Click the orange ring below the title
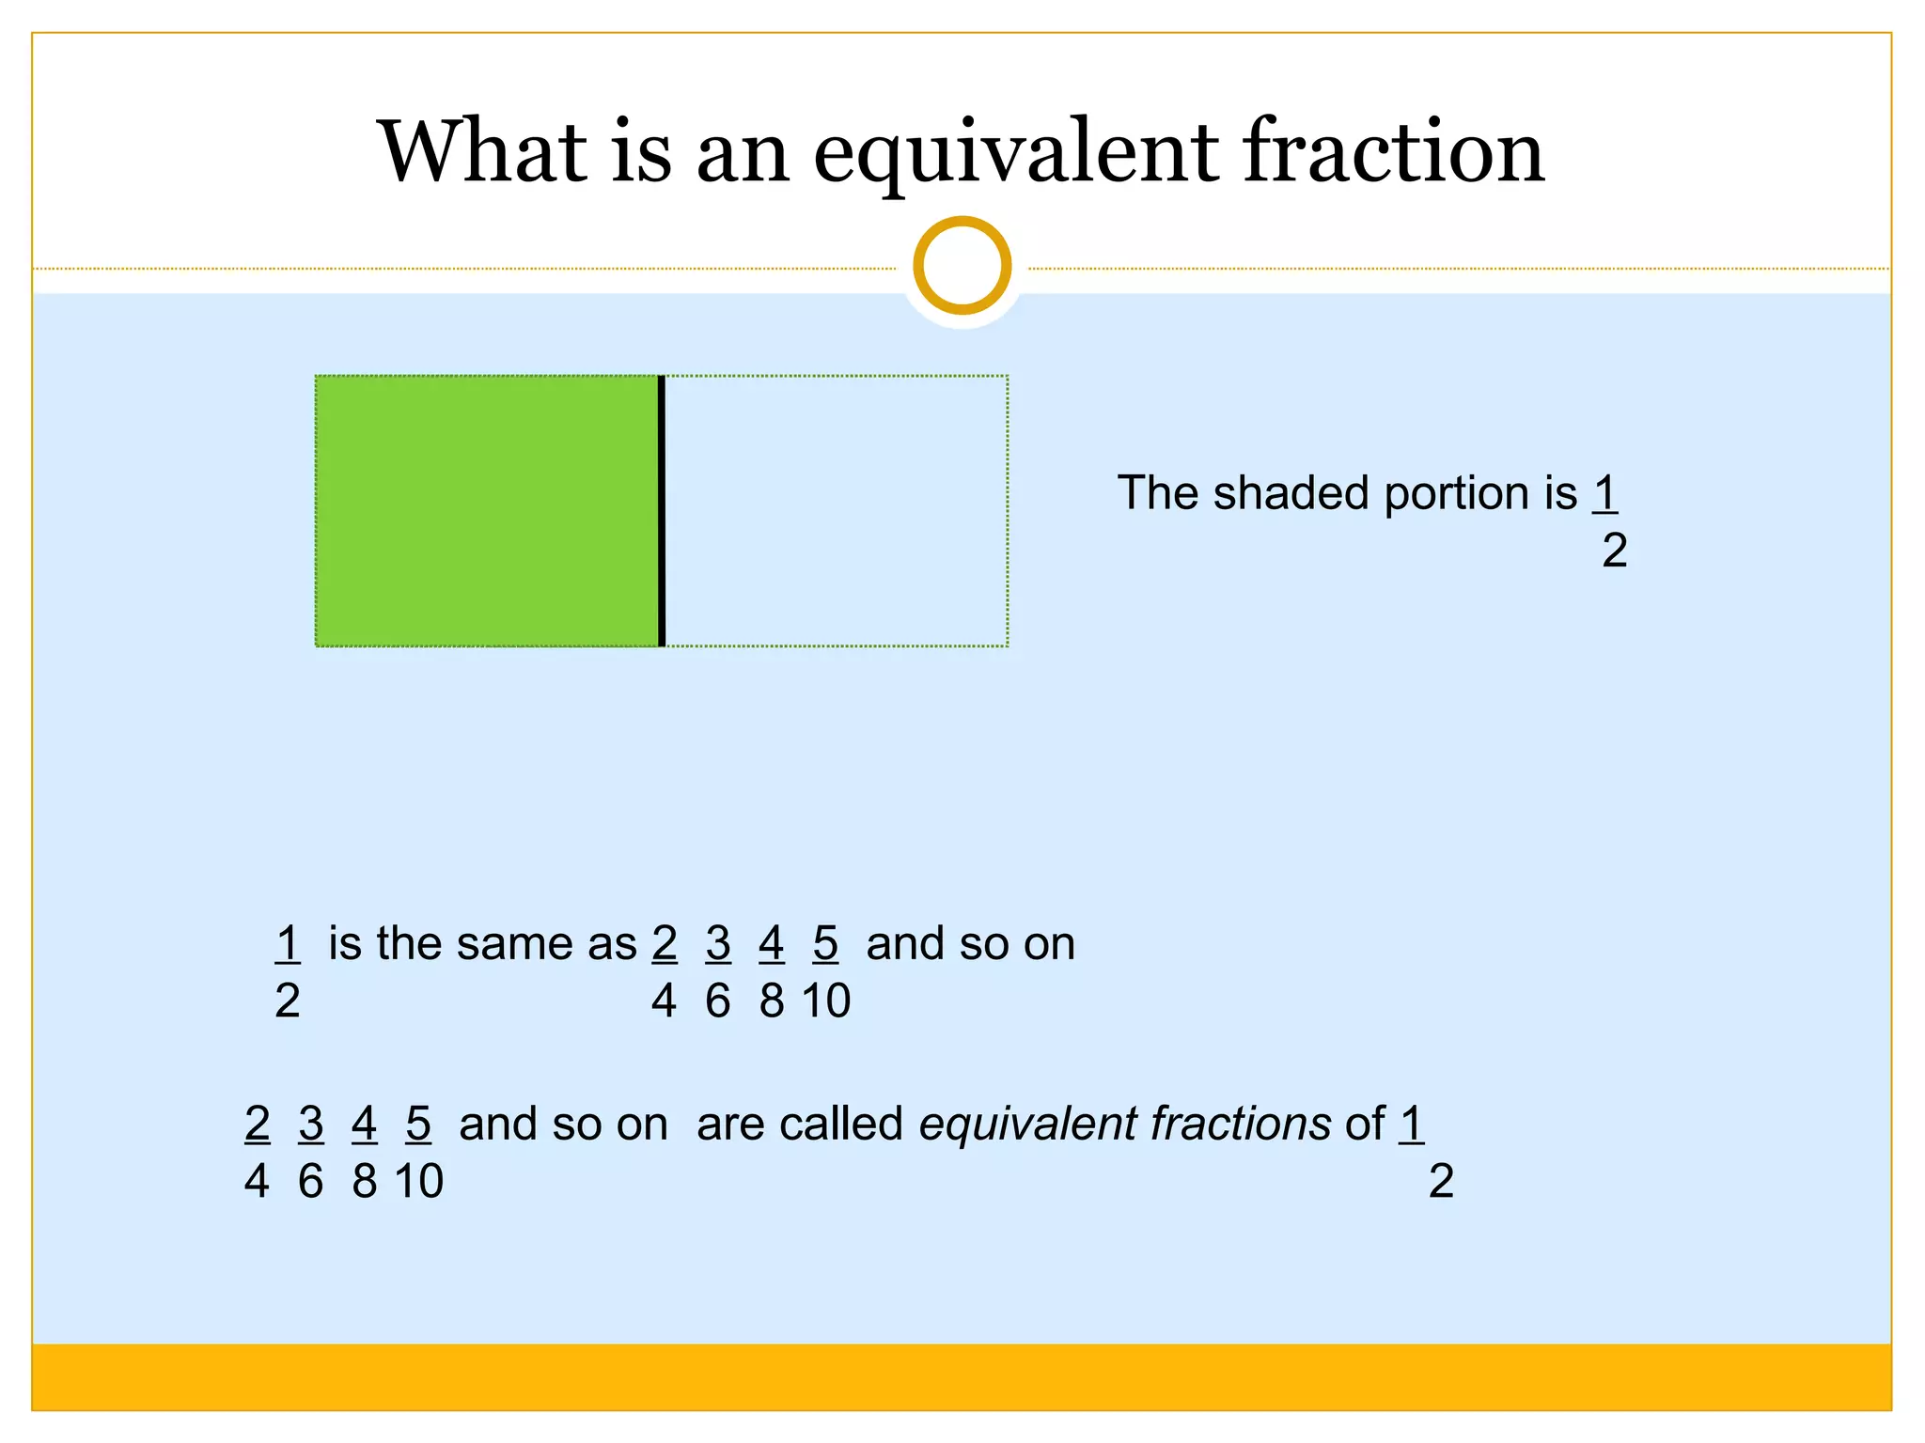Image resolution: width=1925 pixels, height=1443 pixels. point(962,266)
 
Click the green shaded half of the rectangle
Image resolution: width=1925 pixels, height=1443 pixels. point(486,511)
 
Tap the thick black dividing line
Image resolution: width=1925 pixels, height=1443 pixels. point(662,511)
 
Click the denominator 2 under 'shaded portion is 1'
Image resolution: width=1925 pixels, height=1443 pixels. point(1614,551)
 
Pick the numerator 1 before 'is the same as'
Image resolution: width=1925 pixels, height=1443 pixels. point(288,943)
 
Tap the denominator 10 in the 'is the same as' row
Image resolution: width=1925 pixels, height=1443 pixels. point(826,1001)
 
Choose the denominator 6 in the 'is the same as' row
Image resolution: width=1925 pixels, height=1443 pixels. point(718,1001)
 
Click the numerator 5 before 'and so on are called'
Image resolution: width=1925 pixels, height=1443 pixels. point(418,1124)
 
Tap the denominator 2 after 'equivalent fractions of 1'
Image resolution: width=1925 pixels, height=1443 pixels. point(1441,1181)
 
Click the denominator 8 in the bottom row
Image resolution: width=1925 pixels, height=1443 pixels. point(365,1181)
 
